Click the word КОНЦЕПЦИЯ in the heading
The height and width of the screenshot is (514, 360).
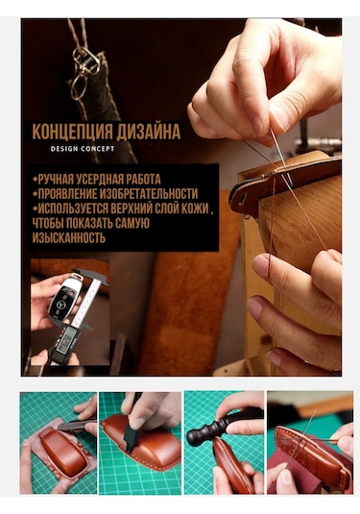[72, 132]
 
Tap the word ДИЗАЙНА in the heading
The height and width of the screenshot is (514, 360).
[149, 132]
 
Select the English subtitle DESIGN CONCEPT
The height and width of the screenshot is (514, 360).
[83, 149]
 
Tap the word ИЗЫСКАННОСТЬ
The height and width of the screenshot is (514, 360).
[69, 237]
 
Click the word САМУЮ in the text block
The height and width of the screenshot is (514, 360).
[132, 223]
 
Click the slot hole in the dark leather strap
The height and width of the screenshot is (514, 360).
[244, 197]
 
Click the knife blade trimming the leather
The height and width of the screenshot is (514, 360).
[69, 426]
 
